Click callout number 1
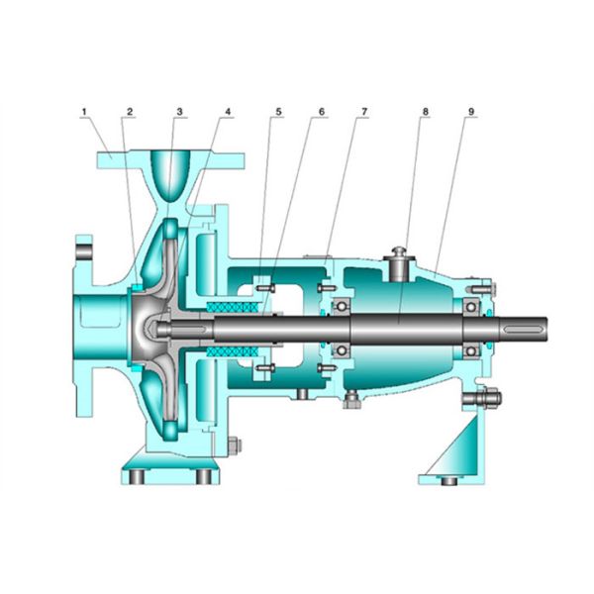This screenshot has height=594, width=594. (x=84, y=112)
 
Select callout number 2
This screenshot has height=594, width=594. (x=130, y=112)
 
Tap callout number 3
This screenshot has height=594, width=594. (x=179, y=112)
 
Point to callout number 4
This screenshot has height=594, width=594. (x=228, y=112)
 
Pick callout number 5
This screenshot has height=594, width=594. (x=278, y=112)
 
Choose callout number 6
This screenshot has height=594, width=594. (x=322, y=112)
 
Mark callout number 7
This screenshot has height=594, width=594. (x=364, y=112)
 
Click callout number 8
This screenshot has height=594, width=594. (x=425, y=112)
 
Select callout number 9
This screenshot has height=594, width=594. (x=471, y=112)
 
